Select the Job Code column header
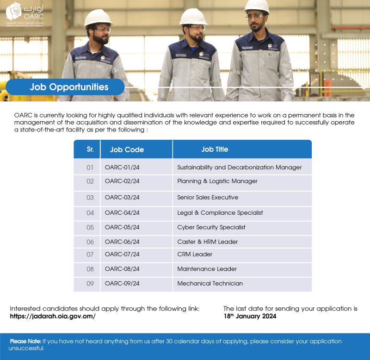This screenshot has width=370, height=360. (127, 149)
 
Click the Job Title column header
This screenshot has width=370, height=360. (215, 149)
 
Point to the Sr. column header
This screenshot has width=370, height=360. (90, 149)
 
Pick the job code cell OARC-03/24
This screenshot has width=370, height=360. (122, 197)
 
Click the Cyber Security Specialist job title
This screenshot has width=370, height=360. (211, 227)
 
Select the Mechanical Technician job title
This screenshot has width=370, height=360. (210, 283)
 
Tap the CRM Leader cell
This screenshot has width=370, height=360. (195, 254)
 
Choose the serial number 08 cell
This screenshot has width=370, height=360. (90, 269)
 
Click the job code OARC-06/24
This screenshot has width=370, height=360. (122, 242)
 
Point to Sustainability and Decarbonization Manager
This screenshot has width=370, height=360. (239, 167)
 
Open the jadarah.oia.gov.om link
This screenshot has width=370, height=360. (53, 317)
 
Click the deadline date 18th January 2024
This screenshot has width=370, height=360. (250, 317)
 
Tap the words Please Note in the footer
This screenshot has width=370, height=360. (25, 341)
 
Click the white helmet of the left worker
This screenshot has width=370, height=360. (98, 18)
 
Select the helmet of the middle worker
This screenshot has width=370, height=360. (193, 17)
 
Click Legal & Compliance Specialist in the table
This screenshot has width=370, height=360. (220, 213)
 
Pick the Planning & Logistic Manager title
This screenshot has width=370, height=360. (217, 181)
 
